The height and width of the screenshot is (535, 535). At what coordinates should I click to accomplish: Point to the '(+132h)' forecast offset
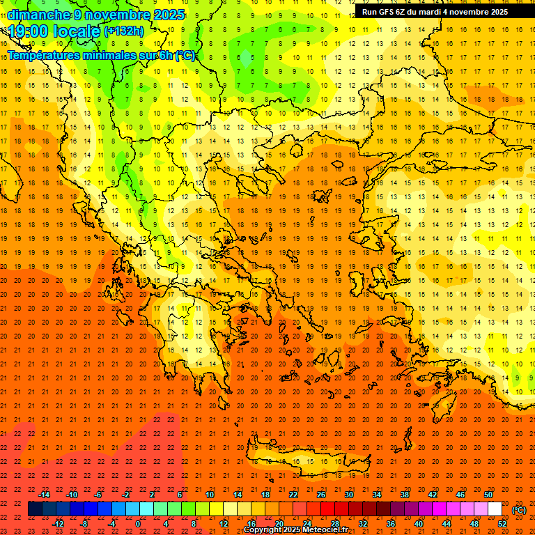tap(124, 31)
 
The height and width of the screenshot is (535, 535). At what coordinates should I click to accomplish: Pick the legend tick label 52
tap(502, 524)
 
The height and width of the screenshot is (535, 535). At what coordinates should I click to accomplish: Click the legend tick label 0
tap(139, 524)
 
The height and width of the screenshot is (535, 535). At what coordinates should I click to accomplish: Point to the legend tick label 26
tap(321, 494)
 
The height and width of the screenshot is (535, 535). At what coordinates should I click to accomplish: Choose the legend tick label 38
tap(405, 494)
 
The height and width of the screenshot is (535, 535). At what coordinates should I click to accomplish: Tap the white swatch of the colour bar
tap(495, 509)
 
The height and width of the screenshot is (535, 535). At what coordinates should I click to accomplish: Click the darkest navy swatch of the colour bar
tap(35, 509)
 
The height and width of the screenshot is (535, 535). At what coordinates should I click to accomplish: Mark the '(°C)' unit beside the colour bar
tap(518, 510)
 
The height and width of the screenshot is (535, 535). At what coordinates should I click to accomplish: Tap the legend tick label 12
tap(224, 524)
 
